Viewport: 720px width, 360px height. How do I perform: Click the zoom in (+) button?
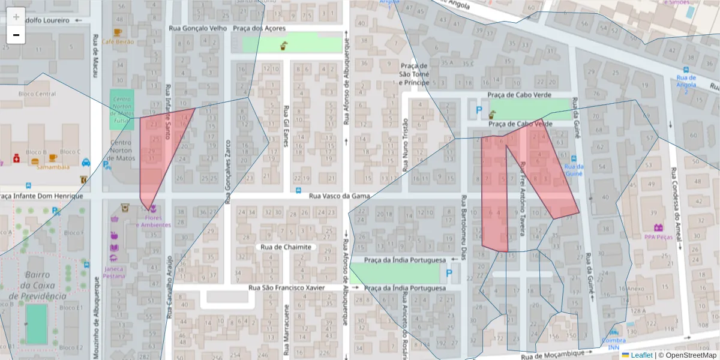coord(16,17)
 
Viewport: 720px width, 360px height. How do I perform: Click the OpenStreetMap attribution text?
coord(687,355)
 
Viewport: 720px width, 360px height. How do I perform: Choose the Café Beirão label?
coord(118,41)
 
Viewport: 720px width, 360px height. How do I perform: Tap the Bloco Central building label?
coord(37,94)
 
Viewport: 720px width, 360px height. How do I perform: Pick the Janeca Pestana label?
coord(113,272)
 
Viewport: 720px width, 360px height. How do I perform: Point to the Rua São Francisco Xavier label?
coord(286,288)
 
